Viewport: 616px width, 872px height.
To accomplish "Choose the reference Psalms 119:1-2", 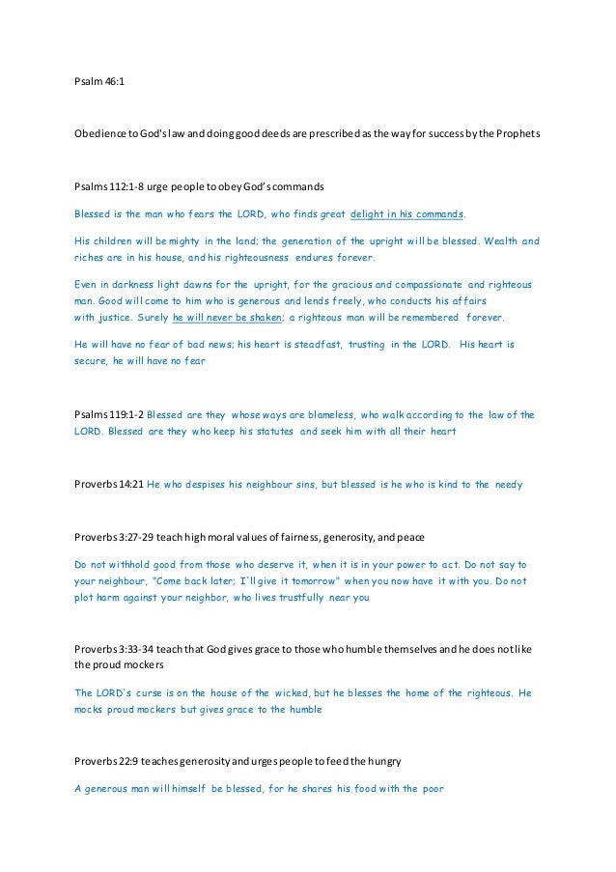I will pyautogui.click(x=109, y=414).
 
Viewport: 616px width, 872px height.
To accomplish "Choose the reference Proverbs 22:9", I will pyautogui.click(x=106, y=761).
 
